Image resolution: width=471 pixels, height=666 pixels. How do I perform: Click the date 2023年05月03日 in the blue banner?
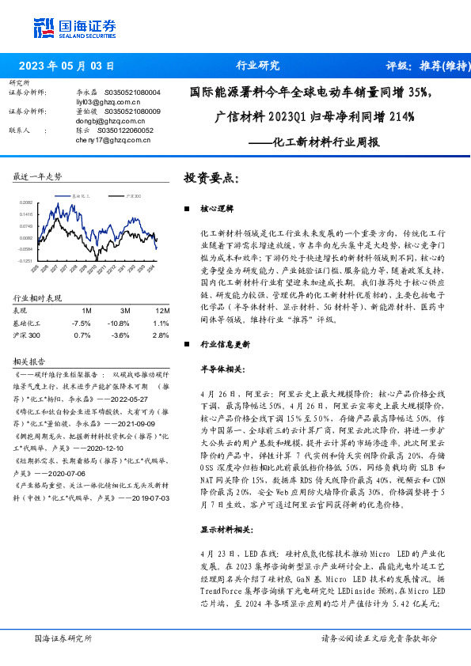[66, 66]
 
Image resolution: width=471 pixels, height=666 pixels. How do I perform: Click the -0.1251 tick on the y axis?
[26, 260]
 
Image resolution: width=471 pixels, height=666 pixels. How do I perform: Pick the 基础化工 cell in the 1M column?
[82, 324]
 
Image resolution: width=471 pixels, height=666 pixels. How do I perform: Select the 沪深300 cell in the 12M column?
[161, 335]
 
